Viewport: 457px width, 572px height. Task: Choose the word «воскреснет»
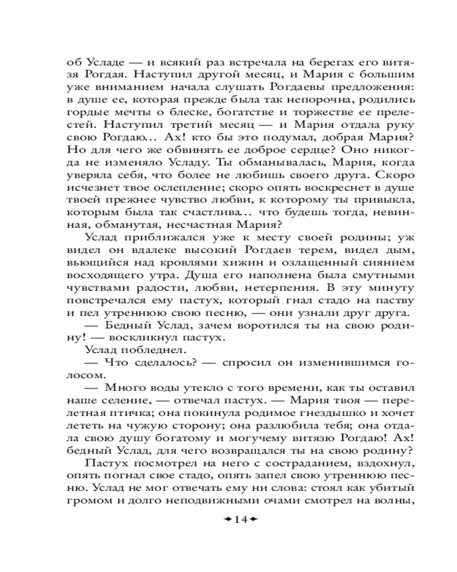click(x=310, y=187)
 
